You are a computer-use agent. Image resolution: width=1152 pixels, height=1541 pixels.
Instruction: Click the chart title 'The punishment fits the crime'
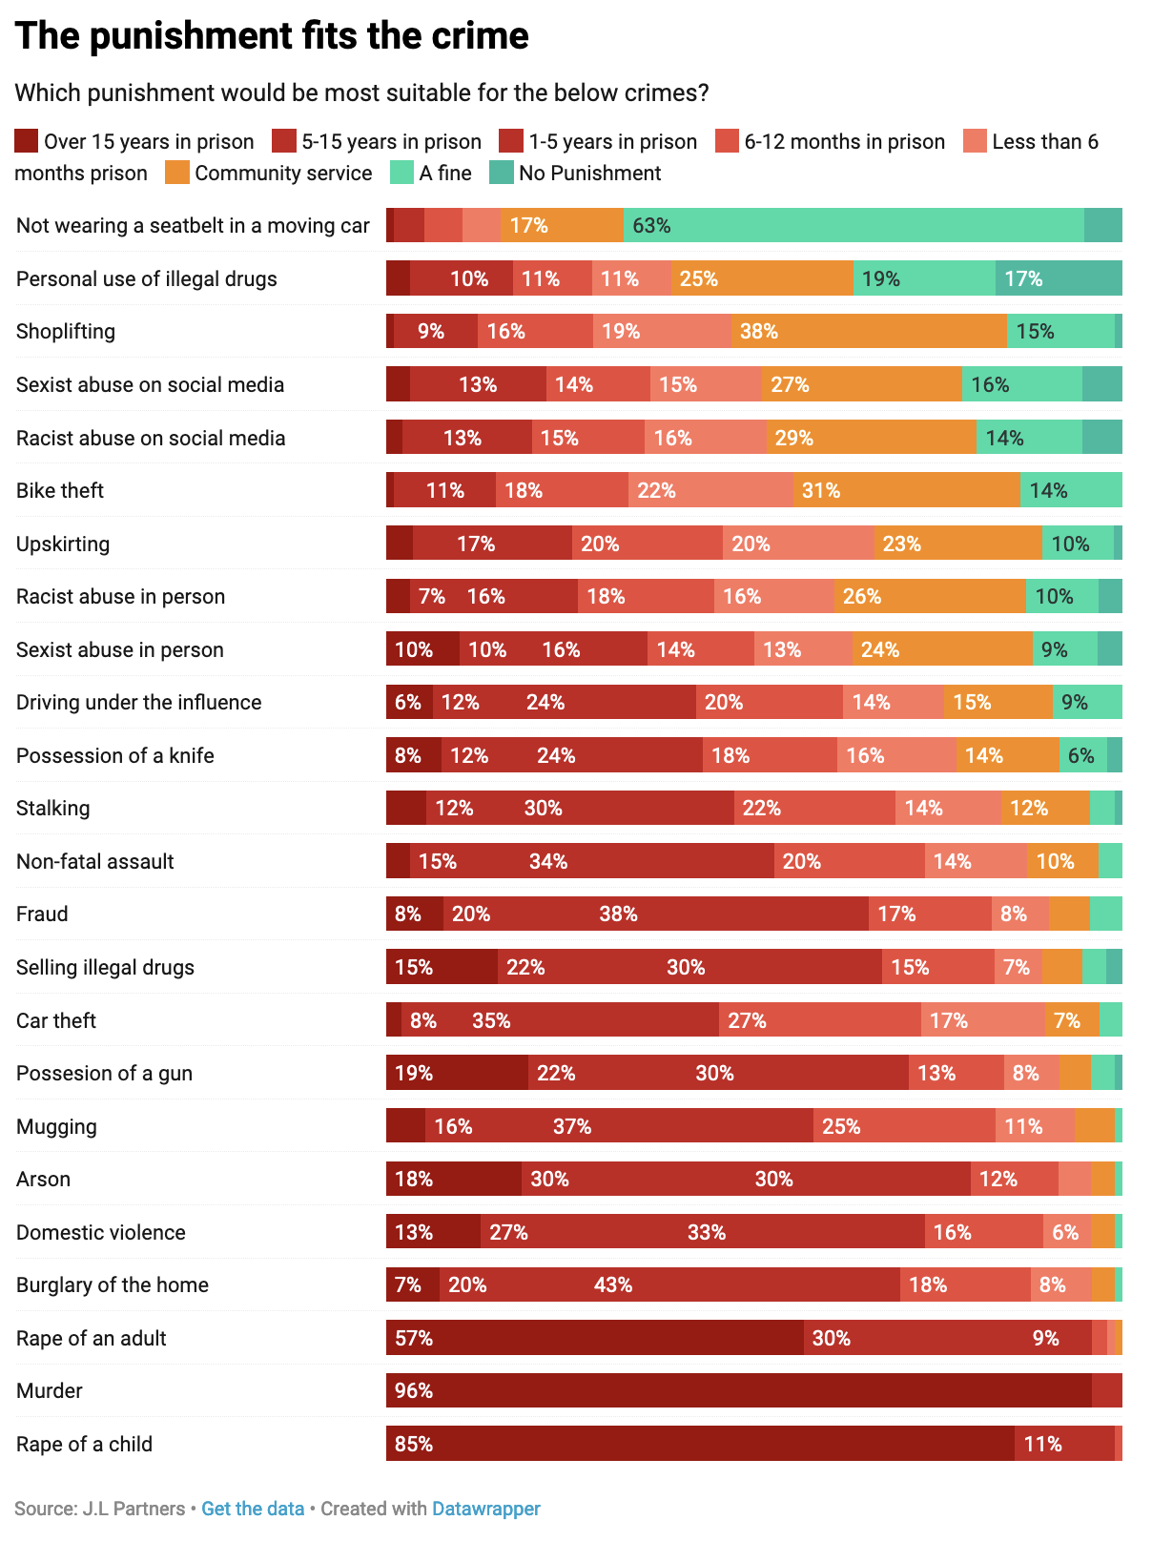[272, 36]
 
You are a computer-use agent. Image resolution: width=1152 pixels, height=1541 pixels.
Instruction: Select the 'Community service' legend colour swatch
[177, 173]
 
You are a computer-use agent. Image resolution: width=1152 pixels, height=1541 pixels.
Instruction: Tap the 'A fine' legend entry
[431, 173]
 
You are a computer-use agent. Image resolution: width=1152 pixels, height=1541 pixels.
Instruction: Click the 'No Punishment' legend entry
[575, 173]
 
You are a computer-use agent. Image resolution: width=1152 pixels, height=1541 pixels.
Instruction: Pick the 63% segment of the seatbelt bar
[854, 225]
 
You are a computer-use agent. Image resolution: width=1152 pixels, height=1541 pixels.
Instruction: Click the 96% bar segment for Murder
[739, 1390]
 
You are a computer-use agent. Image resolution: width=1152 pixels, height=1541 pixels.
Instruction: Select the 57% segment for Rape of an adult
[595, 1338]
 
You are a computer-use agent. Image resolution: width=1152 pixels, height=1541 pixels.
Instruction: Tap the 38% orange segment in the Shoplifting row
[869, 331]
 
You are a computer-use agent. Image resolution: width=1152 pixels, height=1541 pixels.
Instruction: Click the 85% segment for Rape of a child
[700, 1444]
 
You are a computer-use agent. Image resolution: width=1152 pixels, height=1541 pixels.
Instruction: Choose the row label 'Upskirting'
[63, 544]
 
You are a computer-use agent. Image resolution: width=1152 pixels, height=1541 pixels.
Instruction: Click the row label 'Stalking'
[53, 808]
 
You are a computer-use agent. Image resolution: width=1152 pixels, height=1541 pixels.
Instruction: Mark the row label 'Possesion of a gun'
[105, 1073]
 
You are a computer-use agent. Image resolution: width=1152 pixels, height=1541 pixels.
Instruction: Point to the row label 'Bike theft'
[60, 490]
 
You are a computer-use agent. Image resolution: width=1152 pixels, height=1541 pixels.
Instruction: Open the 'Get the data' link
[253, 1509]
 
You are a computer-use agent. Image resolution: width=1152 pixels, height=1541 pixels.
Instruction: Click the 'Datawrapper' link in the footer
[486, 1509]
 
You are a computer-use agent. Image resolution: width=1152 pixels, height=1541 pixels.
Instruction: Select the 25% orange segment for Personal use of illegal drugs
[762, 278]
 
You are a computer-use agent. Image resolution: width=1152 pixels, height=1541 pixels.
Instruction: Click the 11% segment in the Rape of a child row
[1064, 1444]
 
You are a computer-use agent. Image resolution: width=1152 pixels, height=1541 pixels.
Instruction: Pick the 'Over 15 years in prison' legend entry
[134, 141]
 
